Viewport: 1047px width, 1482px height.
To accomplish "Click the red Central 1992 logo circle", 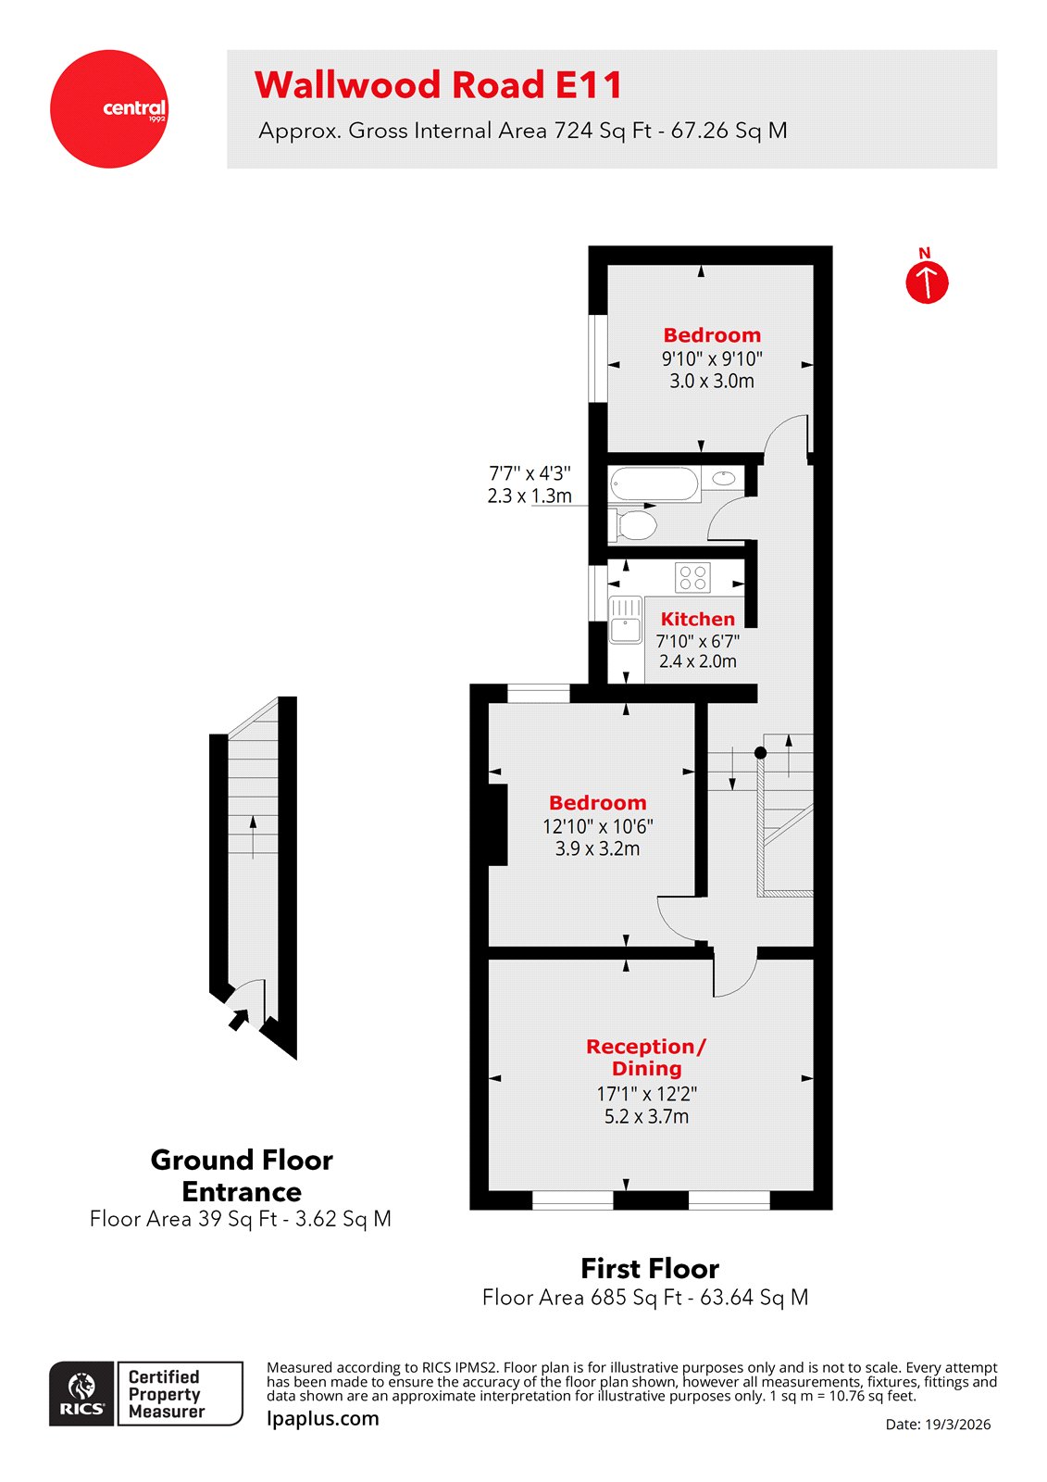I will [109, 108].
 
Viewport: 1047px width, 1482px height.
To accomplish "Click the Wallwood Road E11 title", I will [438, 85].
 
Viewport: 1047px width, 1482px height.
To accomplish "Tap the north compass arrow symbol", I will [927, 282].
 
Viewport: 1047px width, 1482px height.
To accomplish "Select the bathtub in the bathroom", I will [654, 484].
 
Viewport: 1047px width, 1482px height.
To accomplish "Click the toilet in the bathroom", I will [636, 525].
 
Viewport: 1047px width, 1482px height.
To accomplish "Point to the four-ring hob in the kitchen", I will [692, 578].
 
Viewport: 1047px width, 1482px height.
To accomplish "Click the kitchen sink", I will [626, 620].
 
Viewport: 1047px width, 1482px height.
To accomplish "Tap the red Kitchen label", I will [697, 619].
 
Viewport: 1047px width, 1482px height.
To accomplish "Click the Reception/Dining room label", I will [646, 1057].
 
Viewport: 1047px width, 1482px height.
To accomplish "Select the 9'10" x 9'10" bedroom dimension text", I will [711, 359].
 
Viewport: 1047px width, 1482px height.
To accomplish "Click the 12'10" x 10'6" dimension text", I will [597, 826].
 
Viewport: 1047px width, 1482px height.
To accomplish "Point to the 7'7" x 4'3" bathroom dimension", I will [530, 473].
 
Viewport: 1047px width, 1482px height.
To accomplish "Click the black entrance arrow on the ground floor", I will [239, 1019].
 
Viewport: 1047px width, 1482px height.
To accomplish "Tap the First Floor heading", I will [649, 1268].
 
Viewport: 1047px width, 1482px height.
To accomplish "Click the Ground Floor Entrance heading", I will [242, 1175].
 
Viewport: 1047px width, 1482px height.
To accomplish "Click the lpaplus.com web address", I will [322, 1418].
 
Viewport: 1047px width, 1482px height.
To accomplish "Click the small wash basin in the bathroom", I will [725, 479].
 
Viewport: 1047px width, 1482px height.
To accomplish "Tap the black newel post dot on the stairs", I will [760, 753].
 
